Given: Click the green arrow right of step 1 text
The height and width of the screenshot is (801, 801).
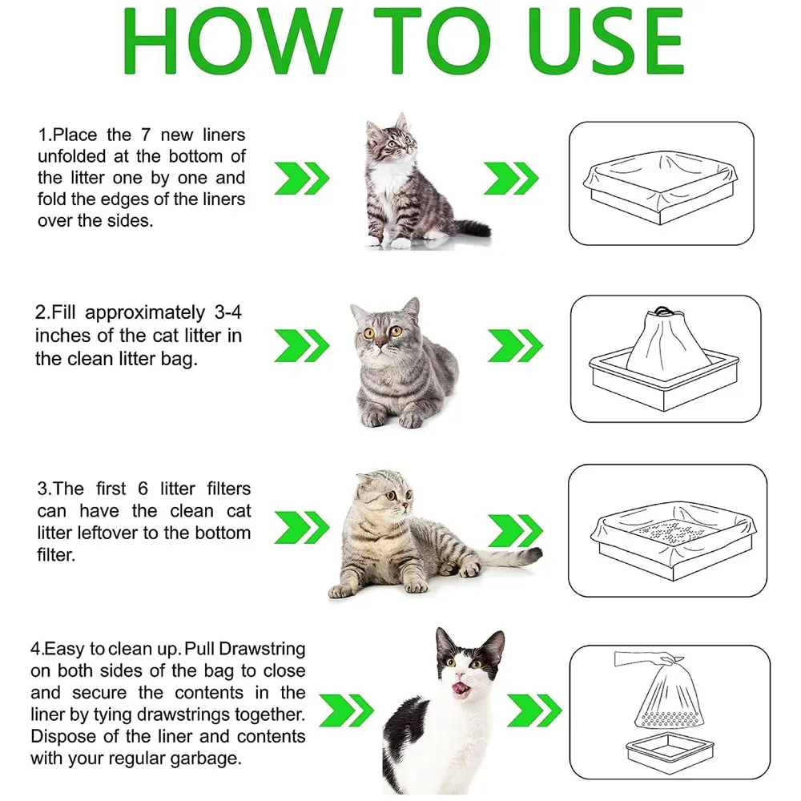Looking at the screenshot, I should point(302,177).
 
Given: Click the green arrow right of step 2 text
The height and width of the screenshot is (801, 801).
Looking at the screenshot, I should point(302,345).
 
